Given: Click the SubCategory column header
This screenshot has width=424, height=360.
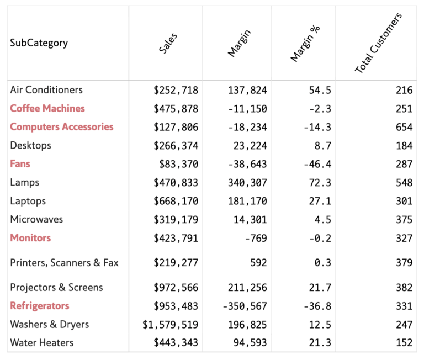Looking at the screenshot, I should click(39, 43).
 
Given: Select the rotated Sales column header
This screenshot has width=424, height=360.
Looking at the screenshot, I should click(168, 43).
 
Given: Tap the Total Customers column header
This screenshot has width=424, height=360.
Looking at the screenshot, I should click(378, 43).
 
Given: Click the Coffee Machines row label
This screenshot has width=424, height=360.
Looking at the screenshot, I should click(47, 108).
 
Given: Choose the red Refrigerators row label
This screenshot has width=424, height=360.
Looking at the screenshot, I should click(40, 306).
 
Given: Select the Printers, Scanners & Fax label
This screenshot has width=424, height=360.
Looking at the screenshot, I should click(64, 263).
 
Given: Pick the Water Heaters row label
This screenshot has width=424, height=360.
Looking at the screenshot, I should click(42, 343).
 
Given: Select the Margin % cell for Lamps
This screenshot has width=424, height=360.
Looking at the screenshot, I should click(320, 182).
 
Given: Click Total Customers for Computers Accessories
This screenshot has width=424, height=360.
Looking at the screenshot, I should click(404, 127).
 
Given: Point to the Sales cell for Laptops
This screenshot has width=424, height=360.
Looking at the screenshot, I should click(176, 201).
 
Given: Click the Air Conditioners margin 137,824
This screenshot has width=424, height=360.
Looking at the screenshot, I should click(247, 90).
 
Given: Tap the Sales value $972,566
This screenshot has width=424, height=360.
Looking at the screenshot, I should click(176, 288).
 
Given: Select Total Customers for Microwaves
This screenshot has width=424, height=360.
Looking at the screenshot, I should click(404, 219).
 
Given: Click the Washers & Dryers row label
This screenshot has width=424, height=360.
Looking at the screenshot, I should click(50, 325).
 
